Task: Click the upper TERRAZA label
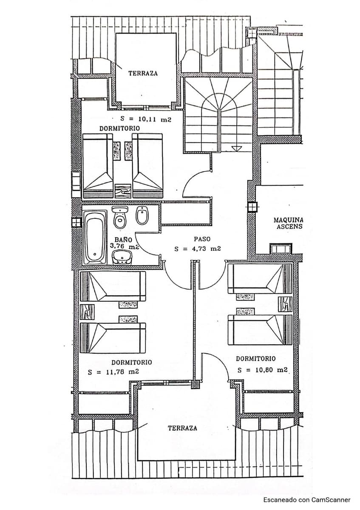click(143, 73)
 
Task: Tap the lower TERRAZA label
click(182, 428)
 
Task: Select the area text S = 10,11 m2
click(145, 120)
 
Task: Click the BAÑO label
click(123, 240)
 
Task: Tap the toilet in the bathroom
click(120, 216)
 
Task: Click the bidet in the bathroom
click(142, 216)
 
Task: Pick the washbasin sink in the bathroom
click(122, 257)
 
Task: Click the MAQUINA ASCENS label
click(288, 223)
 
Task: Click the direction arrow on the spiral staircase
click(236, 148)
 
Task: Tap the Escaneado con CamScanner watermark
click(306, 500)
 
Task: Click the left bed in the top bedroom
click(98, 166)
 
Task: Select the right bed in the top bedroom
click(147, 166)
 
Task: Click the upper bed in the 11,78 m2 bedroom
click(113, 286)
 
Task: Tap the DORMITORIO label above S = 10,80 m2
click(255, 359)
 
